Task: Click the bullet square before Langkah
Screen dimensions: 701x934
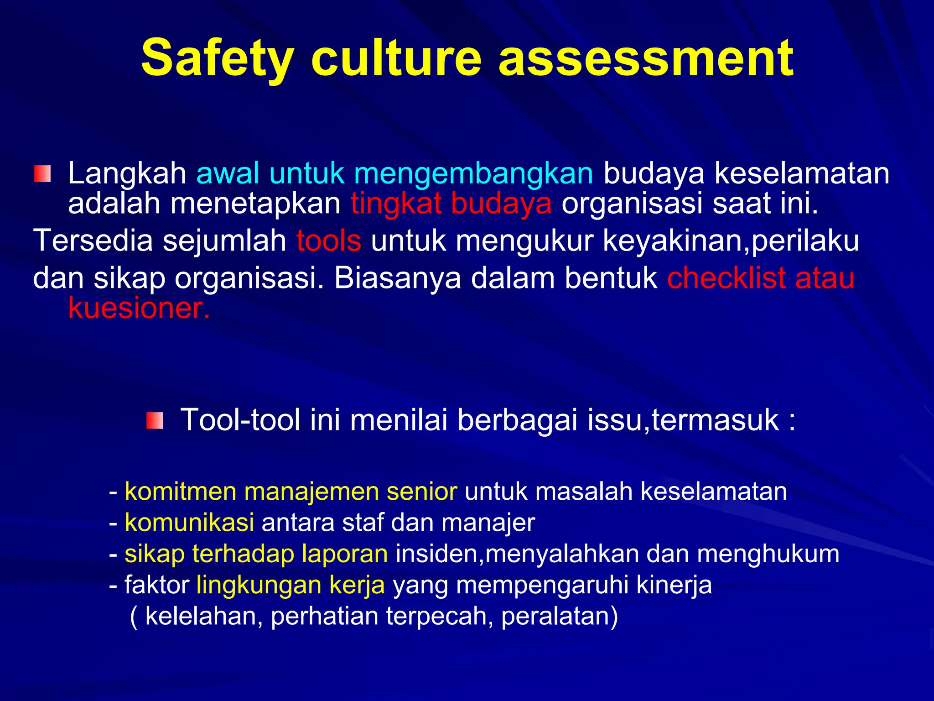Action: (x=42, y=174)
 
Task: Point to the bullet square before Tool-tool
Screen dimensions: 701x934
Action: (x=155, y=420)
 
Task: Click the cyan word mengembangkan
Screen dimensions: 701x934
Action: (x=473, y=174)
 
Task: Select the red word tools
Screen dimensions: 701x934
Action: (x=329, y=241)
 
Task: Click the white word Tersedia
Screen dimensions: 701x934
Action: (x=93, y=241)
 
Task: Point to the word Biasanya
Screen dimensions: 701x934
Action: (x=397, y=278)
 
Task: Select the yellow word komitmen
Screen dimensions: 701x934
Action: (x=181, y=492)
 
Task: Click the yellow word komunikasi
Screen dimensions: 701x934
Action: (x=189, y=523)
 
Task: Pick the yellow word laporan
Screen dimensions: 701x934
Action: (x=345, y=554)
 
